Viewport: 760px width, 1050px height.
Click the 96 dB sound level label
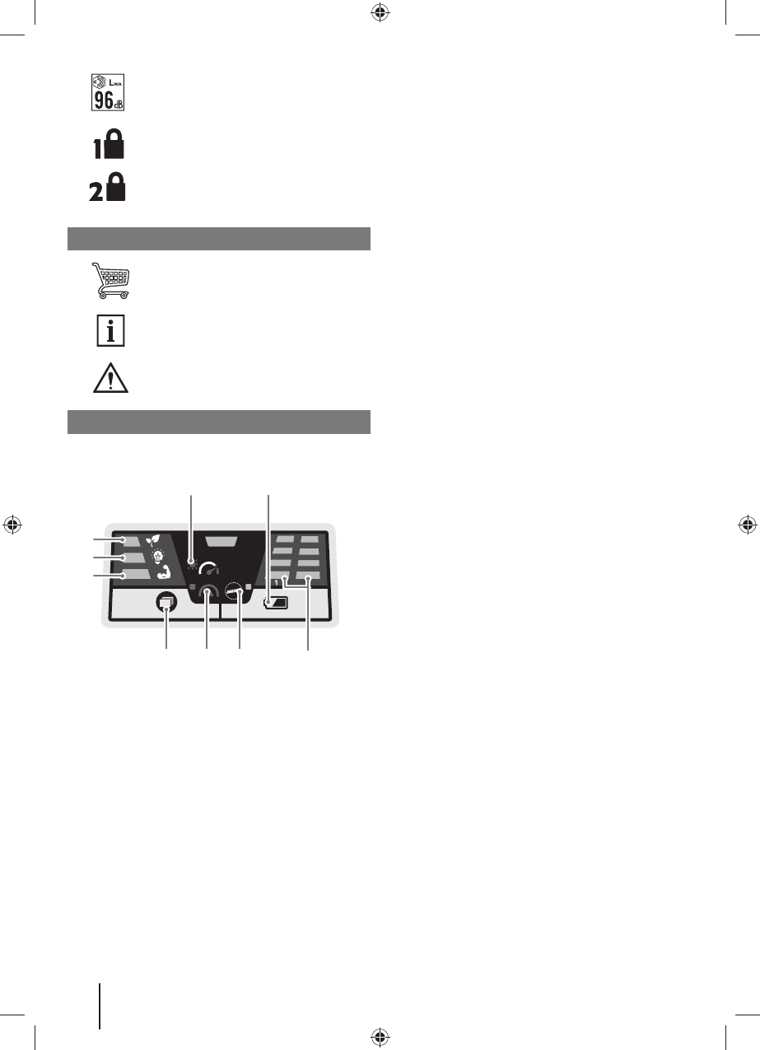[x=108, y=92]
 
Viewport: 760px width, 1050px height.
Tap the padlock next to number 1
[x=114, y=143]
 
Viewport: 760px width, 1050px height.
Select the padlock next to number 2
[x=116, y=187]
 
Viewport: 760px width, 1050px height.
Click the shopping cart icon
[x=110, y=280]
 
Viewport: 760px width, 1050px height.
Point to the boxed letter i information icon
[x=110, y=331]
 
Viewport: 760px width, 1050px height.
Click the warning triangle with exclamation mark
[x=110, y=378]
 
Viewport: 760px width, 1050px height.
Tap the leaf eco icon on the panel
[x=153, y=540]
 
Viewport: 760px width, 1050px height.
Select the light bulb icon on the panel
[x=158, y=557]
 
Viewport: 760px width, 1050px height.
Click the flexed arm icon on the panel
[x=164, y=572]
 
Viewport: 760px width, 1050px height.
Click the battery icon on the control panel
[x=276, y=603]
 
